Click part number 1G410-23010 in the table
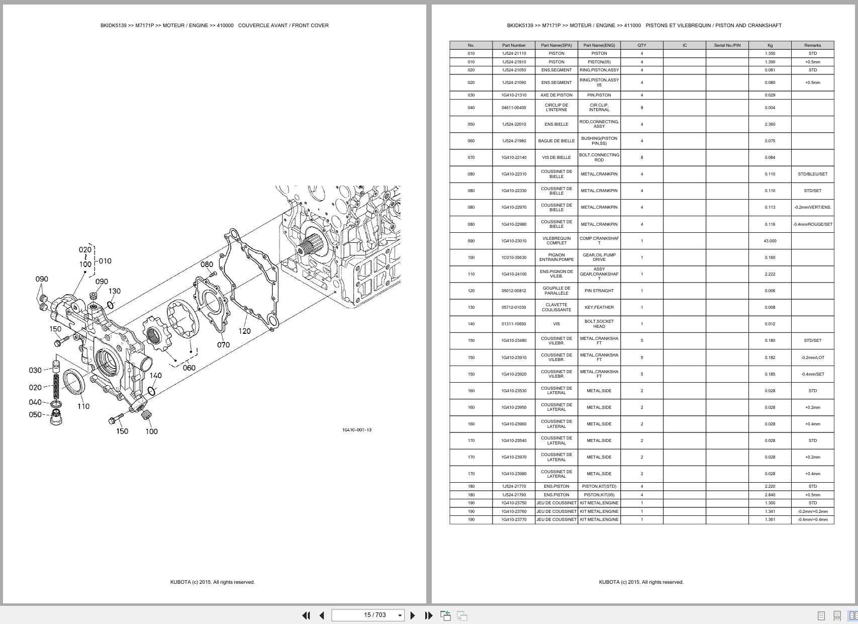pos(514,241)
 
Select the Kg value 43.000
pos(770,241)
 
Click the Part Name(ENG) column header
pos(599,45)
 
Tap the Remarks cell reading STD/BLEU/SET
pos(812,174)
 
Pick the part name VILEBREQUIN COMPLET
pos(556,241)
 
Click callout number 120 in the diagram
pos(244,331)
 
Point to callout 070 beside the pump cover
pos(223,344)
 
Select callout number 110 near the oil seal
pos(83,406)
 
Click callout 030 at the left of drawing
pos(35,370)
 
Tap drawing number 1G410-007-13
pos(357,430)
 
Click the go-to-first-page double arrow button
pos(306,615)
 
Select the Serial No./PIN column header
pos(727,45)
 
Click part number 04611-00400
pos(514,108)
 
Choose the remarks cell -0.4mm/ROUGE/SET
pos(812,224)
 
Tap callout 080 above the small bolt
pos(207,264)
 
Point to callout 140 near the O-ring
pos(156,375)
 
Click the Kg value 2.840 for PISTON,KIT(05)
pos(770,495)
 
